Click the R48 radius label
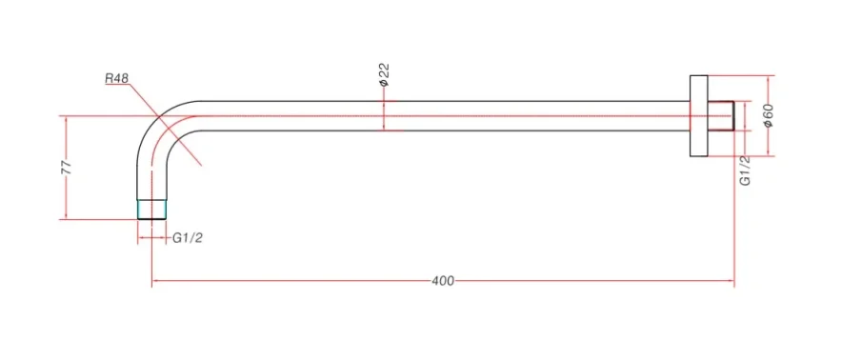[117, 78]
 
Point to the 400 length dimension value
[443, 281]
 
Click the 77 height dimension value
[66, 167]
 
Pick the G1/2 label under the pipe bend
[188, 238]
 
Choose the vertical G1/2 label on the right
[746, 170]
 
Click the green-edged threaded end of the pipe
[152, 210]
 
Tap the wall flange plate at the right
[696, 114]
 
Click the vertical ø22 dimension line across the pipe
[384, 114]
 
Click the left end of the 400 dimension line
[152, 281]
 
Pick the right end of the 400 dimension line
[732, 281]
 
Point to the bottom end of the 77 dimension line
[66, 219]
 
